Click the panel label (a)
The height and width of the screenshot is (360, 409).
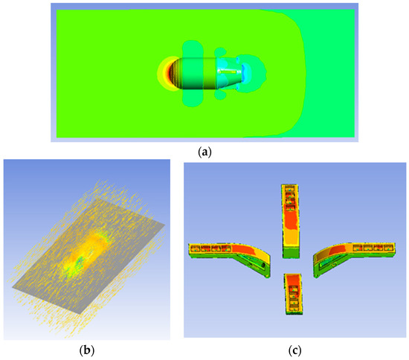click(204, 152)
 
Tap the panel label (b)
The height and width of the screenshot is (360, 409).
click(86, 350)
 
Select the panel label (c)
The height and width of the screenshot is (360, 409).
click(294, 350)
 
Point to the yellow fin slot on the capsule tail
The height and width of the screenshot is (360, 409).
click(228, 71)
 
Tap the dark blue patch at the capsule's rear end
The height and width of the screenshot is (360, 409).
click(245, 73)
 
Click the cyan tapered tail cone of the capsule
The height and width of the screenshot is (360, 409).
click(229, 73)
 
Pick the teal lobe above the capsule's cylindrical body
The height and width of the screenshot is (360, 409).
click(193, 49)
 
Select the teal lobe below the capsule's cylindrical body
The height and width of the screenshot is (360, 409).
click(193, 98)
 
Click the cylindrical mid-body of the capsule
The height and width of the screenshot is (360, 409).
click(198, 74)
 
